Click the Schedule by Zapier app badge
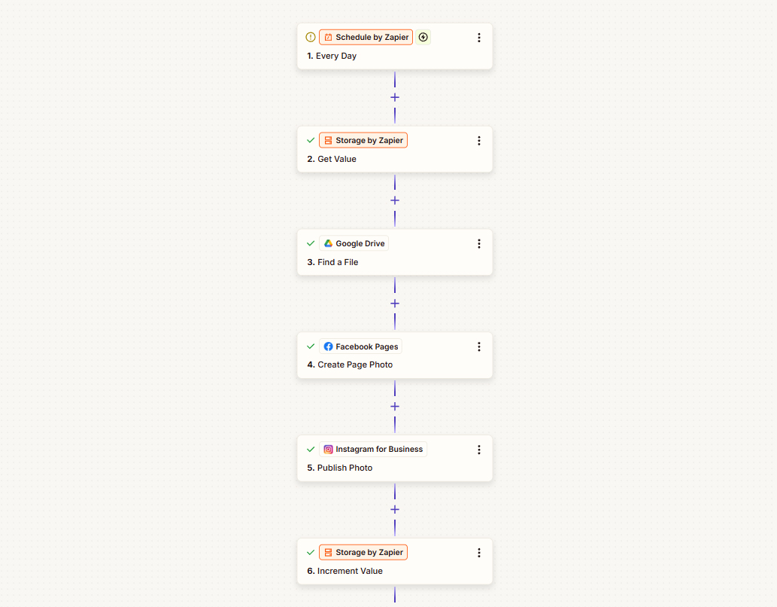pyautogui.click(x=366, y=37)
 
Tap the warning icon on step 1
pyautogui.click(x=311, y=37)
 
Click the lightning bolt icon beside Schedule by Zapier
pyautogui.click(x=423, y=37)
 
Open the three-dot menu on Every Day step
pyautogui.click(x=479, y=38)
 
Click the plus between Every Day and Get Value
pyautogui.click(x=395, y=97)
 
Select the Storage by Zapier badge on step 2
pyautogui.click(x=363, y=141)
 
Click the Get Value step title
pyautogui.click(x=332, y=159)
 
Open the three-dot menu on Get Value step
pyautogui.click(x=479, y=141)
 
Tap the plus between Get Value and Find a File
pyautogui.click(x=395, y=200)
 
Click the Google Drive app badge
pyautogui.click(x=354, y=243)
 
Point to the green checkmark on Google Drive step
pyautogui.click(x=311, y=243)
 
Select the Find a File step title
pyautogui.click(x=332, y=262)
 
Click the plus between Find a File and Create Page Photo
pyautogui.click(x=395, y=303)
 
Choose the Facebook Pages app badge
pyautogui.click(x=361, y=346)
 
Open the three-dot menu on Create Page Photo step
pyautogui.click(x=479, y=347)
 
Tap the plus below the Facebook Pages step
pyautogui.click(x=395, y=407)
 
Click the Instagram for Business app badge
pyautogui.click(x=373, y=449)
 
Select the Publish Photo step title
pyautogui.click(x=339, y=468)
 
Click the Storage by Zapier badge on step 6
pyautogui.click(x=363, y=553)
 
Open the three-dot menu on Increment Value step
pyautogui.click(x=479, y=553)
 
